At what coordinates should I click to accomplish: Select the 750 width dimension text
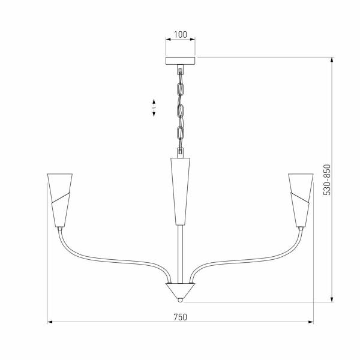pos(180,317)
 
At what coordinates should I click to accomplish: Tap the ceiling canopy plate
pos(180,61)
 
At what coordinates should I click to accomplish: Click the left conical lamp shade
pos(60,198)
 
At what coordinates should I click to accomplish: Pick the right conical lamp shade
pos(301,198)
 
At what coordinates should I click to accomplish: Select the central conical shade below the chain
pos(180,189)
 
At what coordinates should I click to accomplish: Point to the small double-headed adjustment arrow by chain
pos(154,107)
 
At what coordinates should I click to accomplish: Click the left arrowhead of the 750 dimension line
pos(50,322)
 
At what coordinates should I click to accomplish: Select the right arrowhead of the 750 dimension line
pos(311,322)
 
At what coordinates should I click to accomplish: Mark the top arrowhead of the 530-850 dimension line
pos(332,59)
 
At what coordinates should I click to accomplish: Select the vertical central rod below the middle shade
pos(180,252)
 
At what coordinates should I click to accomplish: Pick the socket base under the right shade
pos(300,228)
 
